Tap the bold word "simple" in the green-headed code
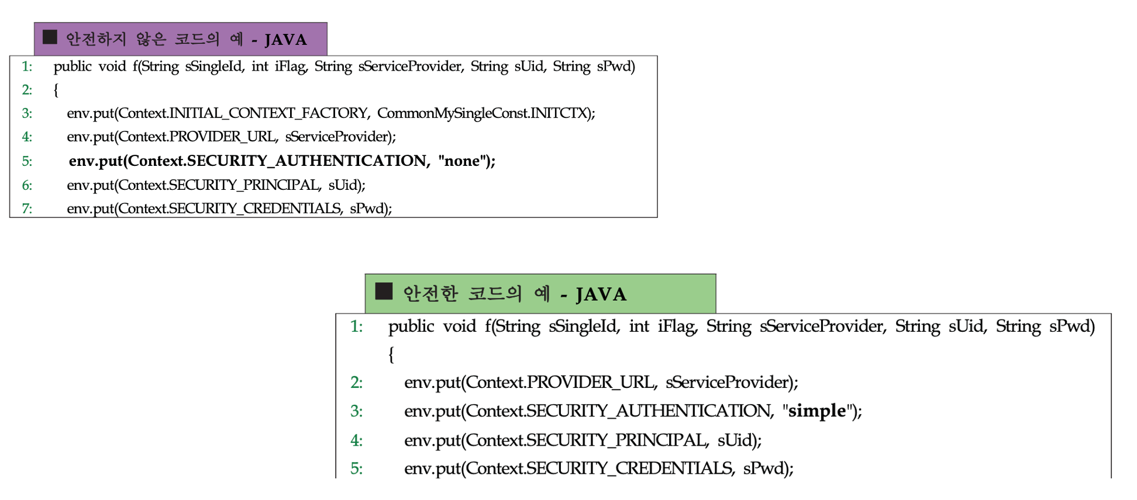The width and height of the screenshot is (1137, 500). pos(816,411)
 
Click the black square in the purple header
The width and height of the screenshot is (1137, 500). pos(50,37)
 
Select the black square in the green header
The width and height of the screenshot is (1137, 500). pos(384,291)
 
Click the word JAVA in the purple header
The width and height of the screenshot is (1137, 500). pos(285,40)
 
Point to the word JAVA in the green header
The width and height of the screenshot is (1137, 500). pos(601,294)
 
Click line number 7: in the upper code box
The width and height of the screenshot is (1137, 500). pos(27,209)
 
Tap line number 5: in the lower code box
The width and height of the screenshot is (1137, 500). pos(356,468)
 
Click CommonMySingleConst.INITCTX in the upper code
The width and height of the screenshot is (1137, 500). pos(483,113)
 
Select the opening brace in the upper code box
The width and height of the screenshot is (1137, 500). pos(56,90)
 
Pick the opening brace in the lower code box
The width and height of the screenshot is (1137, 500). pos(391,354)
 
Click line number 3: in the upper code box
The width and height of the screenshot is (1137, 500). pos(27,113)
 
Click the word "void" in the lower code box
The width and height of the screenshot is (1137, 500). pos(459,326)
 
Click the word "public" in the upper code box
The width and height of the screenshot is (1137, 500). pos(73,66)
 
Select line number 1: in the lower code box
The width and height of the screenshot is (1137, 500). pos(356,326)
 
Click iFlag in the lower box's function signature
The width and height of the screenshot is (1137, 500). pos(677,326)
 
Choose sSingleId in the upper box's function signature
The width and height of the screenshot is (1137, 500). pos(213,66)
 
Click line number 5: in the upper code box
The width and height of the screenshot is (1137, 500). pos(27,161)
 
